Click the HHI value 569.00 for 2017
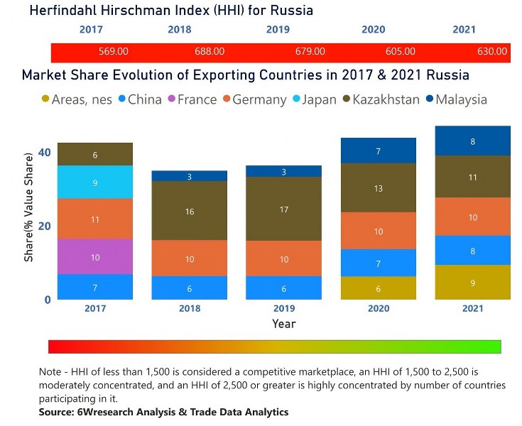click(113, 52)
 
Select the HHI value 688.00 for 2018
click(210, 52)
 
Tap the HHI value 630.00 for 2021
click(491, 52)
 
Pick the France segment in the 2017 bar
click(95, 256)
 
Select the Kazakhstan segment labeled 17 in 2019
click(283, 209)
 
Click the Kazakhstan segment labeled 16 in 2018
click(189, 211)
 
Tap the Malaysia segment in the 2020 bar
click(378, 151)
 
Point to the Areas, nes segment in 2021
click(472, 283)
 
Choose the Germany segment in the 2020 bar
click(378, 231)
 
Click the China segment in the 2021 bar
click(472, 251)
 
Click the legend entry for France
click(197, 99)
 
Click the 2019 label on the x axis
click(283, 308)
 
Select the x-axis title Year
click(283, 324)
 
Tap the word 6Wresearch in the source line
click(113, 412)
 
